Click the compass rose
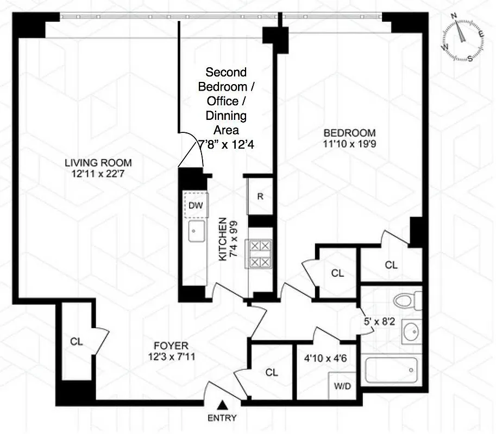point(463,39)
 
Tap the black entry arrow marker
point(222,405)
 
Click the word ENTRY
point(222,418)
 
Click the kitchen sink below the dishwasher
point(196,231)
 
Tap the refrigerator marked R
point(260,196)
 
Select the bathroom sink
point(411,331)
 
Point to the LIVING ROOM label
point(98,162)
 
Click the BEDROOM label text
point(349,133)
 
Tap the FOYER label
point(170,346)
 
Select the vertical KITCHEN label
point(222,239)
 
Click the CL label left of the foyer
point(76,342)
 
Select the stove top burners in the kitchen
point(259,254)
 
